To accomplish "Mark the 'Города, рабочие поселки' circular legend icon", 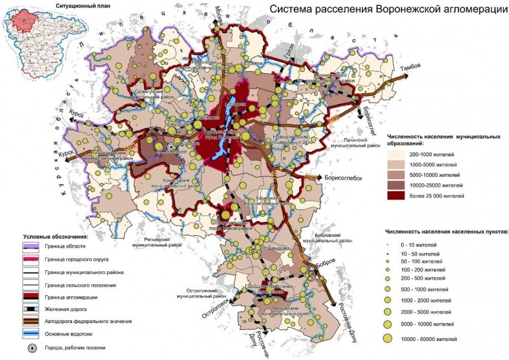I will point(31,349).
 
